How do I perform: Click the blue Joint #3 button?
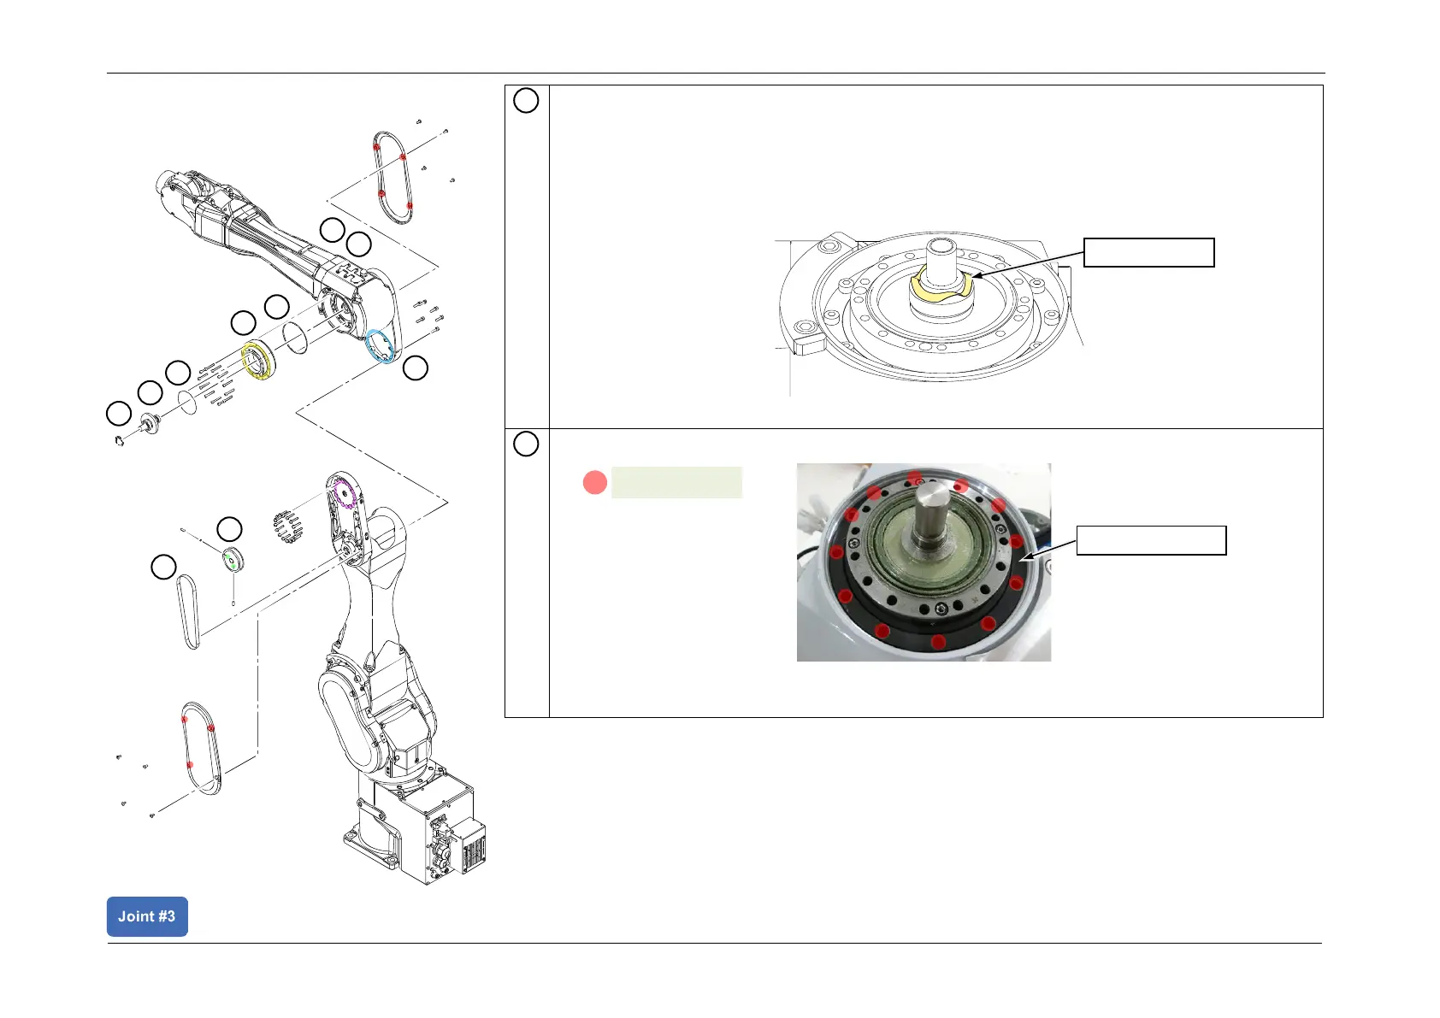[147, 916]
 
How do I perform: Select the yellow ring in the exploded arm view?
[257, 360]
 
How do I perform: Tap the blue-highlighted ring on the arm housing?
[380, 347]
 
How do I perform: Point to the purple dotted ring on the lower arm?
[343, 494]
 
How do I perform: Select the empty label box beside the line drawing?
[1148, 253]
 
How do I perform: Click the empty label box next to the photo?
[1151, 541]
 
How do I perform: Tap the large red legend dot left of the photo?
[594, 483]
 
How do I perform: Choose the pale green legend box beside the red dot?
[676, 483]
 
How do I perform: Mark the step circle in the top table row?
[526, 101]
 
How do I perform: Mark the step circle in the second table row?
[526, 444]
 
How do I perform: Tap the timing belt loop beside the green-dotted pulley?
[187, 612]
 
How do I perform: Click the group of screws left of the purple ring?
[288, 526]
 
